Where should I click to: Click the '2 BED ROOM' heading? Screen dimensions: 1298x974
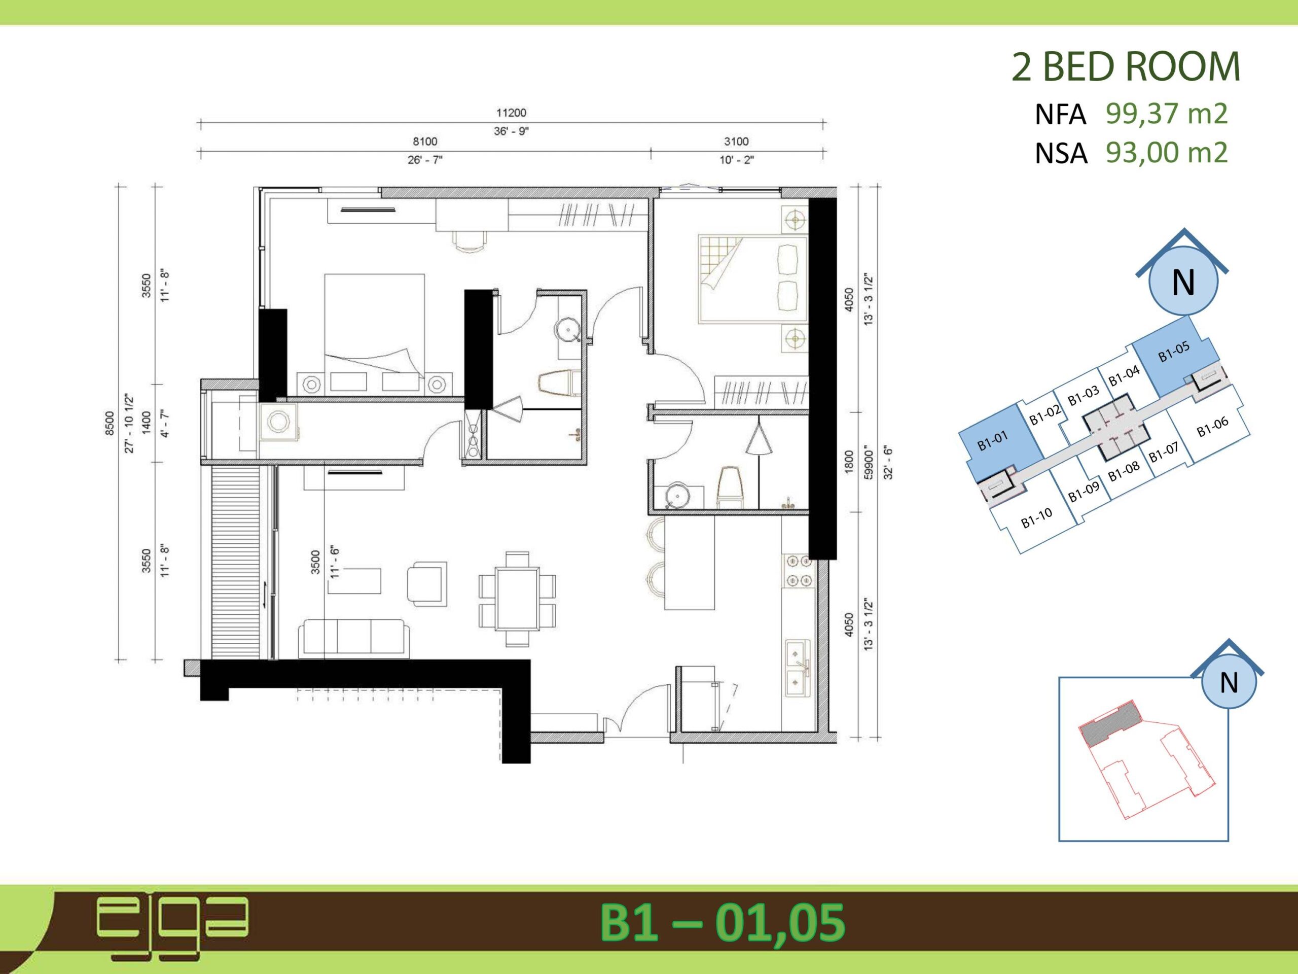pyautogui.click(x=1126, y=67)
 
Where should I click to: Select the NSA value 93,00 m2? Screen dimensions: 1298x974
pyautogui.click(x=1167, y=153)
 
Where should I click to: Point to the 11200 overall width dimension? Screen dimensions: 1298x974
pyautogui.click(x=511, y=113)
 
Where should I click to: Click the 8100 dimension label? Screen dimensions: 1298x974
pyautogui.click(x=425, y=142)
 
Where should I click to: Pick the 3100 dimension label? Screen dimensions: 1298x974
pyautogui.click(x=736, y=142)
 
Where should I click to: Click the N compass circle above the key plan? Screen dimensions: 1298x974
pyautogui.click(x=1183, y=283)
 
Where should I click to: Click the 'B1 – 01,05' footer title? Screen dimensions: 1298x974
pyautogui.click(x=722, y=923)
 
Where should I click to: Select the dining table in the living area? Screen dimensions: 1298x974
pyautogui.click(x=516, y=599)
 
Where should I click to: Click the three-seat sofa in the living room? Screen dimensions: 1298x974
pyautogui.click(x=354, y=638)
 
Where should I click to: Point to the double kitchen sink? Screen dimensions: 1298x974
pyautogui.click(x=798, y=668)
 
